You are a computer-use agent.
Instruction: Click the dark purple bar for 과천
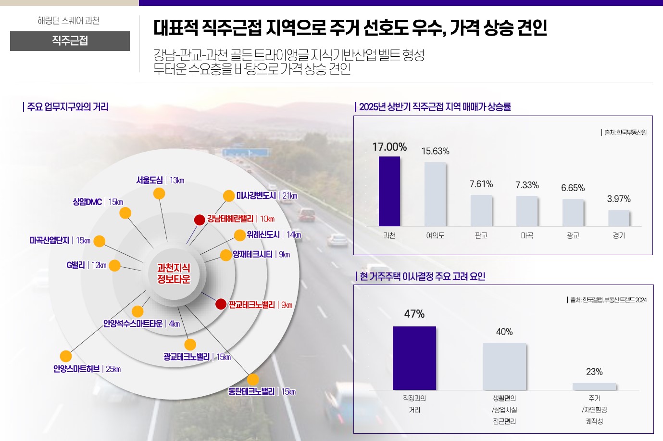(389, 191)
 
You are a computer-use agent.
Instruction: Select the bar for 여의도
(435, 194)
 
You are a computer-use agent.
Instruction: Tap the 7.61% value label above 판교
(481, 184)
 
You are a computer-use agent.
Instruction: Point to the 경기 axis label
(619, 235)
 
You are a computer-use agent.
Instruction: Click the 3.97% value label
(619, 199)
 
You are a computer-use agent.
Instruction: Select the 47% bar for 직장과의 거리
(414, 358)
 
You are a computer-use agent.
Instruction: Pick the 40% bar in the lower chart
(504, 366)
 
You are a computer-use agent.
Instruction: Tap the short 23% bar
(594, 386)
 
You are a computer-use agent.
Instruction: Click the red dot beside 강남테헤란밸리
(200, 220)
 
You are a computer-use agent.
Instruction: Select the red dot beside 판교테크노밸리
(221, 304)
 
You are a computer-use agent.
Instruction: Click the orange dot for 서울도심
(159, 194)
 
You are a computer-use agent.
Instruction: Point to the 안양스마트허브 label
(76, 369)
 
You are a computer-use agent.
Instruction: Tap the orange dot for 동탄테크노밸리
(253, 379)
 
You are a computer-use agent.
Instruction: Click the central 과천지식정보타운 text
(174, 273)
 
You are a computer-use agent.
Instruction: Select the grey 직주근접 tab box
(70, 41)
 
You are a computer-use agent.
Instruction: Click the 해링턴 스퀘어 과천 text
(69, 21)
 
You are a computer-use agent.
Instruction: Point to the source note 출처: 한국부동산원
(625, 132)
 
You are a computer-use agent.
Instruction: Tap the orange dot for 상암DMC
(125, 213)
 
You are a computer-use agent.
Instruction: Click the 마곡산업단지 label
(50, 240)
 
